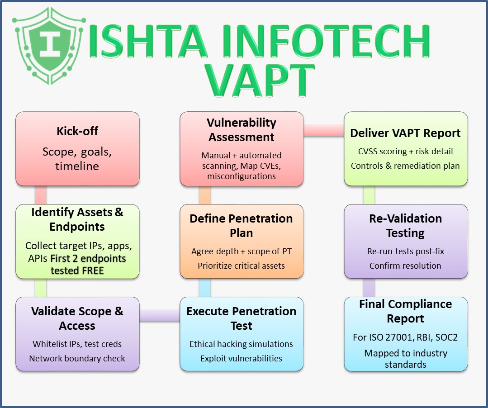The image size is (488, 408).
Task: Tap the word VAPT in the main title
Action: [262, 81]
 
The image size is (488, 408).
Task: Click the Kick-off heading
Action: [77, 131]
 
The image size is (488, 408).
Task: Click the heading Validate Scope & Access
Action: [77, 318]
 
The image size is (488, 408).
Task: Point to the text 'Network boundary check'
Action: [77, 358]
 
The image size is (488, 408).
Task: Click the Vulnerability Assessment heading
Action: [242, 129]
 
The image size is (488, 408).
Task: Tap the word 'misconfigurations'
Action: [242, 176]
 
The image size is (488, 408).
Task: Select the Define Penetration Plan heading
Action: [241, 226]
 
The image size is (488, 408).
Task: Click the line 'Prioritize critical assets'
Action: [241, 266]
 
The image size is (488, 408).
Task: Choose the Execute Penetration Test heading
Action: [242, 318]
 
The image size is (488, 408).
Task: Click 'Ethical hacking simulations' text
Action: [241, 344]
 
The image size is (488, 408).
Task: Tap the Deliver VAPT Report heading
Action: [405, 133]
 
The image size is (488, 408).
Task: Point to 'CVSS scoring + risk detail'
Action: [405, 152]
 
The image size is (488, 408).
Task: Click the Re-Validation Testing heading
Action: [405, 226]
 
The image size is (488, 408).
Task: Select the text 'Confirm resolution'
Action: [405, 266]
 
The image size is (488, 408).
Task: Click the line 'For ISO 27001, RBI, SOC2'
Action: [405, 337]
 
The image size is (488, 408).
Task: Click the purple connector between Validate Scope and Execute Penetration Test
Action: [159, 315]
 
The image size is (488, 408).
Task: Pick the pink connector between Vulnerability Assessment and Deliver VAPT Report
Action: [323, 130]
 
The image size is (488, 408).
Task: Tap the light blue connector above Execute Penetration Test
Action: [205, 287]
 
